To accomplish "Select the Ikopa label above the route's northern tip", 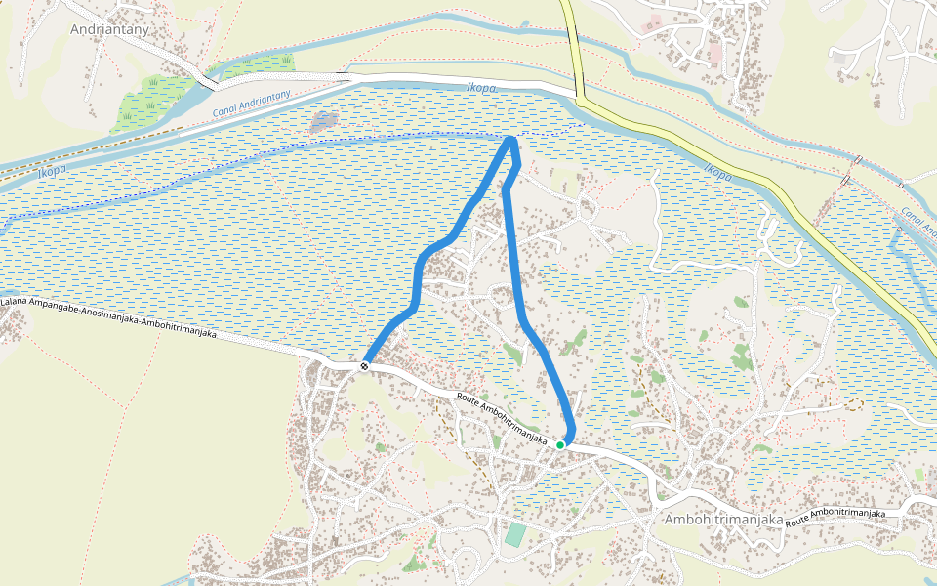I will (482, 88).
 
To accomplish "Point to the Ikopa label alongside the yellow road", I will (715, 173).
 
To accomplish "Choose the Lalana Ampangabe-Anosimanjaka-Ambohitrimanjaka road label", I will (107, 317).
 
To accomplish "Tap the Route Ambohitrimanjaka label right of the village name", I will (835, 514).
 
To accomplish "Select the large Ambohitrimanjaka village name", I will (723, 520).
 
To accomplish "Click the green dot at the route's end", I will (560, 445).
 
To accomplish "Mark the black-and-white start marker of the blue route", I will (364, 366).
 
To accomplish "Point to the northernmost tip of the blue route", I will (510, 142).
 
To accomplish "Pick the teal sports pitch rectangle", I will (514, 535).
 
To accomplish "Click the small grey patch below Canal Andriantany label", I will (323, 121).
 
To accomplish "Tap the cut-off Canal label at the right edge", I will (918, 221).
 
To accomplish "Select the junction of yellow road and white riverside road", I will (579, 97).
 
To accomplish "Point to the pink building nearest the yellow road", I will (653, 21).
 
